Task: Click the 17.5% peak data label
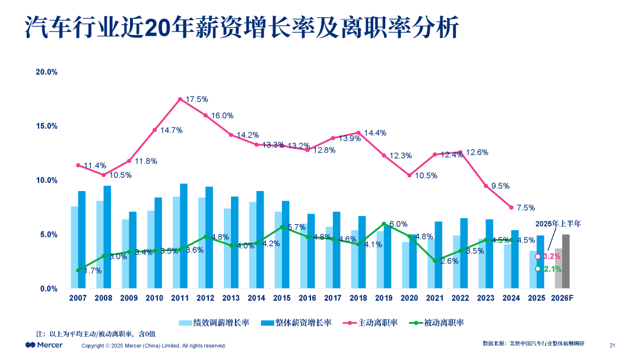197,99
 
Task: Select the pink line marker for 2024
511,208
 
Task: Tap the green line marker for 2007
78,270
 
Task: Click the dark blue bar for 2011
183,236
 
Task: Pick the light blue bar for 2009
125,254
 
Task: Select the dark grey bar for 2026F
566,262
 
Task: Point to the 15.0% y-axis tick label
47,126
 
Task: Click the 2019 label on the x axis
383,298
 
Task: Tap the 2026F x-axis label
562,298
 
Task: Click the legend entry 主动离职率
371,323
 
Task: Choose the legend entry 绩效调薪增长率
214,323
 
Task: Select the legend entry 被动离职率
437,323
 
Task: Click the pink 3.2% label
552,257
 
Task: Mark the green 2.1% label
553,269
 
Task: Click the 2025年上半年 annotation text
558,224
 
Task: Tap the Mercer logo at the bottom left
44,345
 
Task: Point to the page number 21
613,345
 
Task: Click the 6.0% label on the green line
398,224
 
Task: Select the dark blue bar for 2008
107,237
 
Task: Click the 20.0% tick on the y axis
47,72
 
